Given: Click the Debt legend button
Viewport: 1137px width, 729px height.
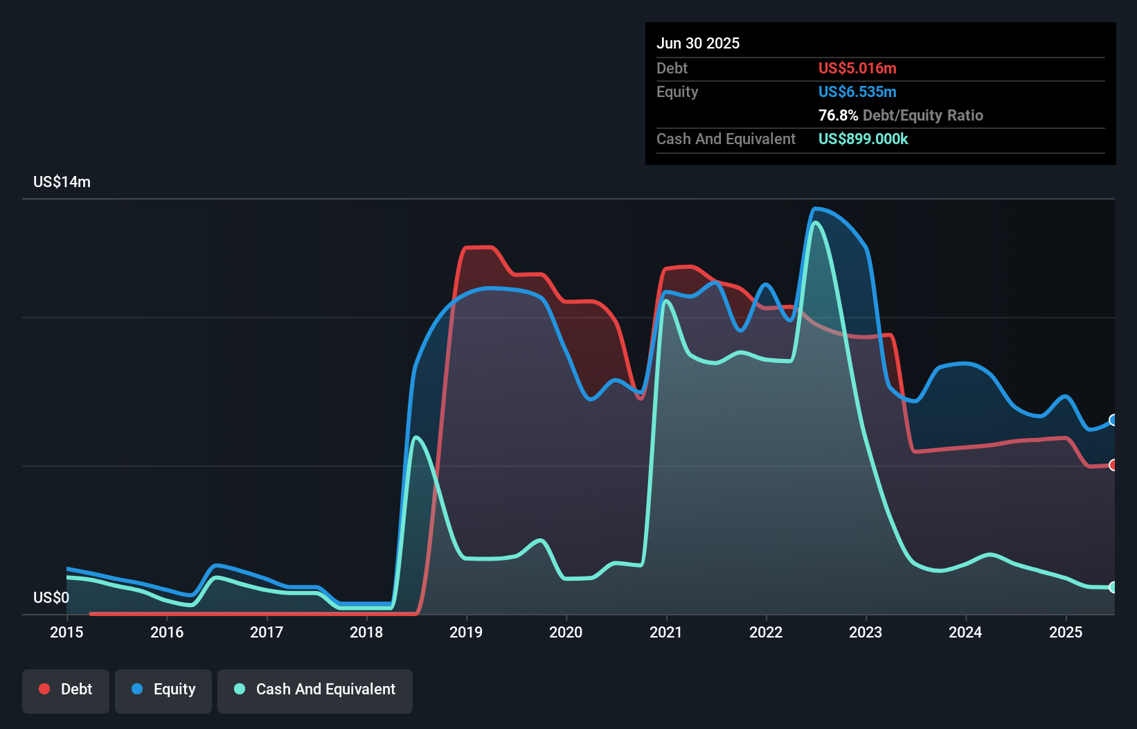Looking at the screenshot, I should (66, 690).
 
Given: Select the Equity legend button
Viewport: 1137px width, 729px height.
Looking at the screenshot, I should (163, 690).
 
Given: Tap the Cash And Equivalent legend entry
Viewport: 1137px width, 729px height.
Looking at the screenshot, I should (315, 690).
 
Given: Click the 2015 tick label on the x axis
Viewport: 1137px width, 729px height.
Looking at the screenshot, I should (66, 632).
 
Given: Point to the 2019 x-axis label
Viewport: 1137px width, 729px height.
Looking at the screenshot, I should (466, 632).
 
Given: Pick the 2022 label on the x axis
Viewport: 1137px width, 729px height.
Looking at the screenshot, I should (766, 632).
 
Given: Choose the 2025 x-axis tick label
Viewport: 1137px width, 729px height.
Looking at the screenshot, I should (1066, 632).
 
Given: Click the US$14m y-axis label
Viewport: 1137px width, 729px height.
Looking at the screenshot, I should (62, 182).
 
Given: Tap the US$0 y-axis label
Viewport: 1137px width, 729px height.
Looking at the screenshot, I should (51, 597).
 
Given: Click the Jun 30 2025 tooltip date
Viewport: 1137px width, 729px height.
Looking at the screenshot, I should (698, 43).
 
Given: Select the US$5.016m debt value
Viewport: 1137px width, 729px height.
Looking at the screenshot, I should (857, 68).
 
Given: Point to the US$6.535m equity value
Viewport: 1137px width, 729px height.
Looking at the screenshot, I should (857, 91).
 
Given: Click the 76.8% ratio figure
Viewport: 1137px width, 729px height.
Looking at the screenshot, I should (838, 115).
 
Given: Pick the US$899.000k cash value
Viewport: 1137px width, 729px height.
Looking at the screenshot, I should (863, 139).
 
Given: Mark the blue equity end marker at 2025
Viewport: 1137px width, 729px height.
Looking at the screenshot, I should (1113, 420).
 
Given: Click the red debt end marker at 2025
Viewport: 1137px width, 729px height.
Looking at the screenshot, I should (1113, 465).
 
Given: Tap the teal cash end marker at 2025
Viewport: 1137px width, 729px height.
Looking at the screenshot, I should (1113, 587).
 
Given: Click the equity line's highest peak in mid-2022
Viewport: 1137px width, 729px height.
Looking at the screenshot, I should (815, 209).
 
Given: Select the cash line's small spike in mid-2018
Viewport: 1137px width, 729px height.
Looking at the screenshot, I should (415, 437).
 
